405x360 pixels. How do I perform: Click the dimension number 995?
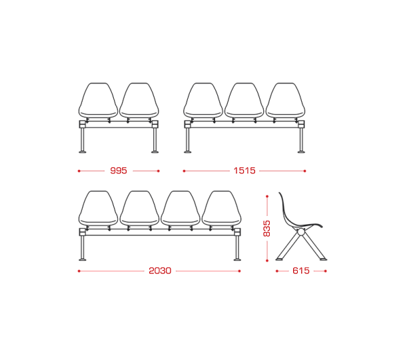[119, 171]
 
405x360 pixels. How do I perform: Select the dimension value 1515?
[244, 171]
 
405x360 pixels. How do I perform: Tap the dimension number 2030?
[160, 271]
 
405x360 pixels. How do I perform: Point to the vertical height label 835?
[266, 229]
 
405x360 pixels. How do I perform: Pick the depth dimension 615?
[301, 271]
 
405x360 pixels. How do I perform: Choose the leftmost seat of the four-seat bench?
[98, 208]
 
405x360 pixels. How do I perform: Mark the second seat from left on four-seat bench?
[139, 208]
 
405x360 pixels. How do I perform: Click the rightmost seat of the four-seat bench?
[221, 208]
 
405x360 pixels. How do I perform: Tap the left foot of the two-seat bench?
[83, 152]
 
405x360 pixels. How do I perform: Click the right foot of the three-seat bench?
[301, 152]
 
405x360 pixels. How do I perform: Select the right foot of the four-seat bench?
[237, 259]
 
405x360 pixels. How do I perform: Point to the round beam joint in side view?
[300, 232]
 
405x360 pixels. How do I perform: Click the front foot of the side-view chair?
[323, 259]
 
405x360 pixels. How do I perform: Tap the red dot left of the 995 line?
[79, 171]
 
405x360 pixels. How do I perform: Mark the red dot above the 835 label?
[267, 197]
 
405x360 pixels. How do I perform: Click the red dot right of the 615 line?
[326, 271]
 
